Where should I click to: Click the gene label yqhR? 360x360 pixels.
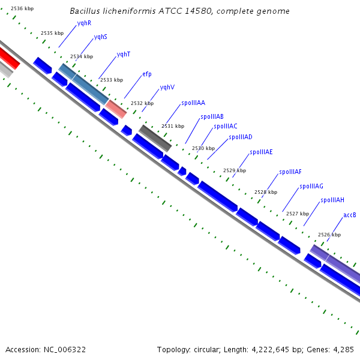point(84,23)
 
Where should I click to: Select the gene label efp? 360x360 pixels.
point(147,74)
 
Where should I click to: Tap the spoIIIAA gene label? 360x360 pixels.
point(193,103)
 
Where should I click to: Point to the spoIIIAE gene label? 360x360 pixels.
point(261,152)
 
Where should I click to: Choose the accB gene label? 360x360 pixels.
point(350,215)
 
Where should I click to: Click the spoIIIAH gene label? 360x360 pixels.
point(332,200)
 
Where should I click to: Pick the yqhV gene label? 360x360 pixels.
point(167,88)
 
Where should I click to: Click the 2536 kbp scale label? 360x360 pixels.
point(22,9)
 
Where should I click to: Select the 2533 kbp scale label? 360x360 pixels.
point(112,80)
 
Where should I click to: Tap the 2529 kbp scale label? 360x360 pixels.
point(235,170)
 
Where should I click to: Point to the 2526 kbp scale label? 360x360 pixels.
point(329,235)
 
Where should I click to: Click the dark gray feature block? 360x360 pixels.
point(155,139)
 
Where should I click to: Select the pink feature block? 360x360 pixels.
point(116,109)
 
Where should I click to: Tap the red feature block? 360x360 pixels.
point(9,58)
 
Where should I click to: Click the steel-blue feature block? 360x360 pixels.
point(84,84)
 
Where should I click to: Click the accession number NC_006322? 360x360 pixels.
point(65,350)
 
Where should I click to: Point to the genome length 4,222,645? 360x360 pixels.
point(270,350)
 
